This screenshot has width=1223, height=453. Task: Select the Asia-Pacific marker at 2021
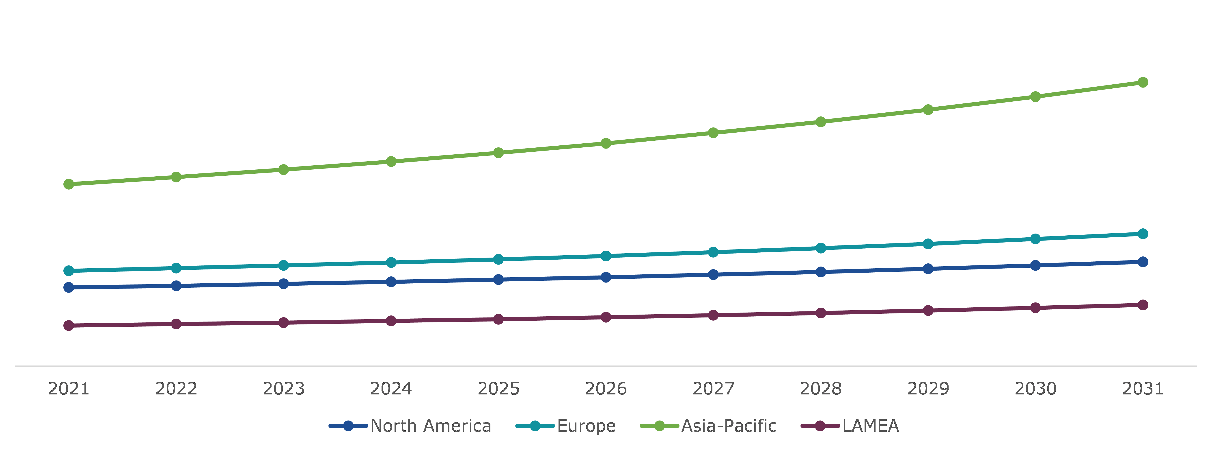click(x=69, y=184)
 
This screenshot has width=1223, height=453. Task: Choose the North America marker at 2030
click(x=1035, y=265)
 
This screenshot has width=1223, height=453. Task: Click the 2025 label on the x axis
click(x=498, y=389)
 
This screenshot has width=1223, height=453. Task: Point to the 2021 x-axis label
click(x=69, y=389)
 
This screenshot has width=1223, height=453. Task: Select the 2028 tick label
click(x=820, y=389)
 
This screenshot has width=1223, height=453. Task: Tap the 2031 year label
click(x=1143, y=389)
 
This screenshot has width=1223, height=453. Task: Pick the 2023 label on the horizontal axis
click(x=283, y=389)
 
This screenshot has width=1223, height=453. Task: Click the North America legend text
click(x=431, y=426)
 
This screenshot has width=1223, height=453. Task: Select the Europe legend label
click(x=586, y=426)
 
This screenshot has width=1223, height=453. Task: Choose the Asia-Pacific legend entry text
click(x=729, y=426)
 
